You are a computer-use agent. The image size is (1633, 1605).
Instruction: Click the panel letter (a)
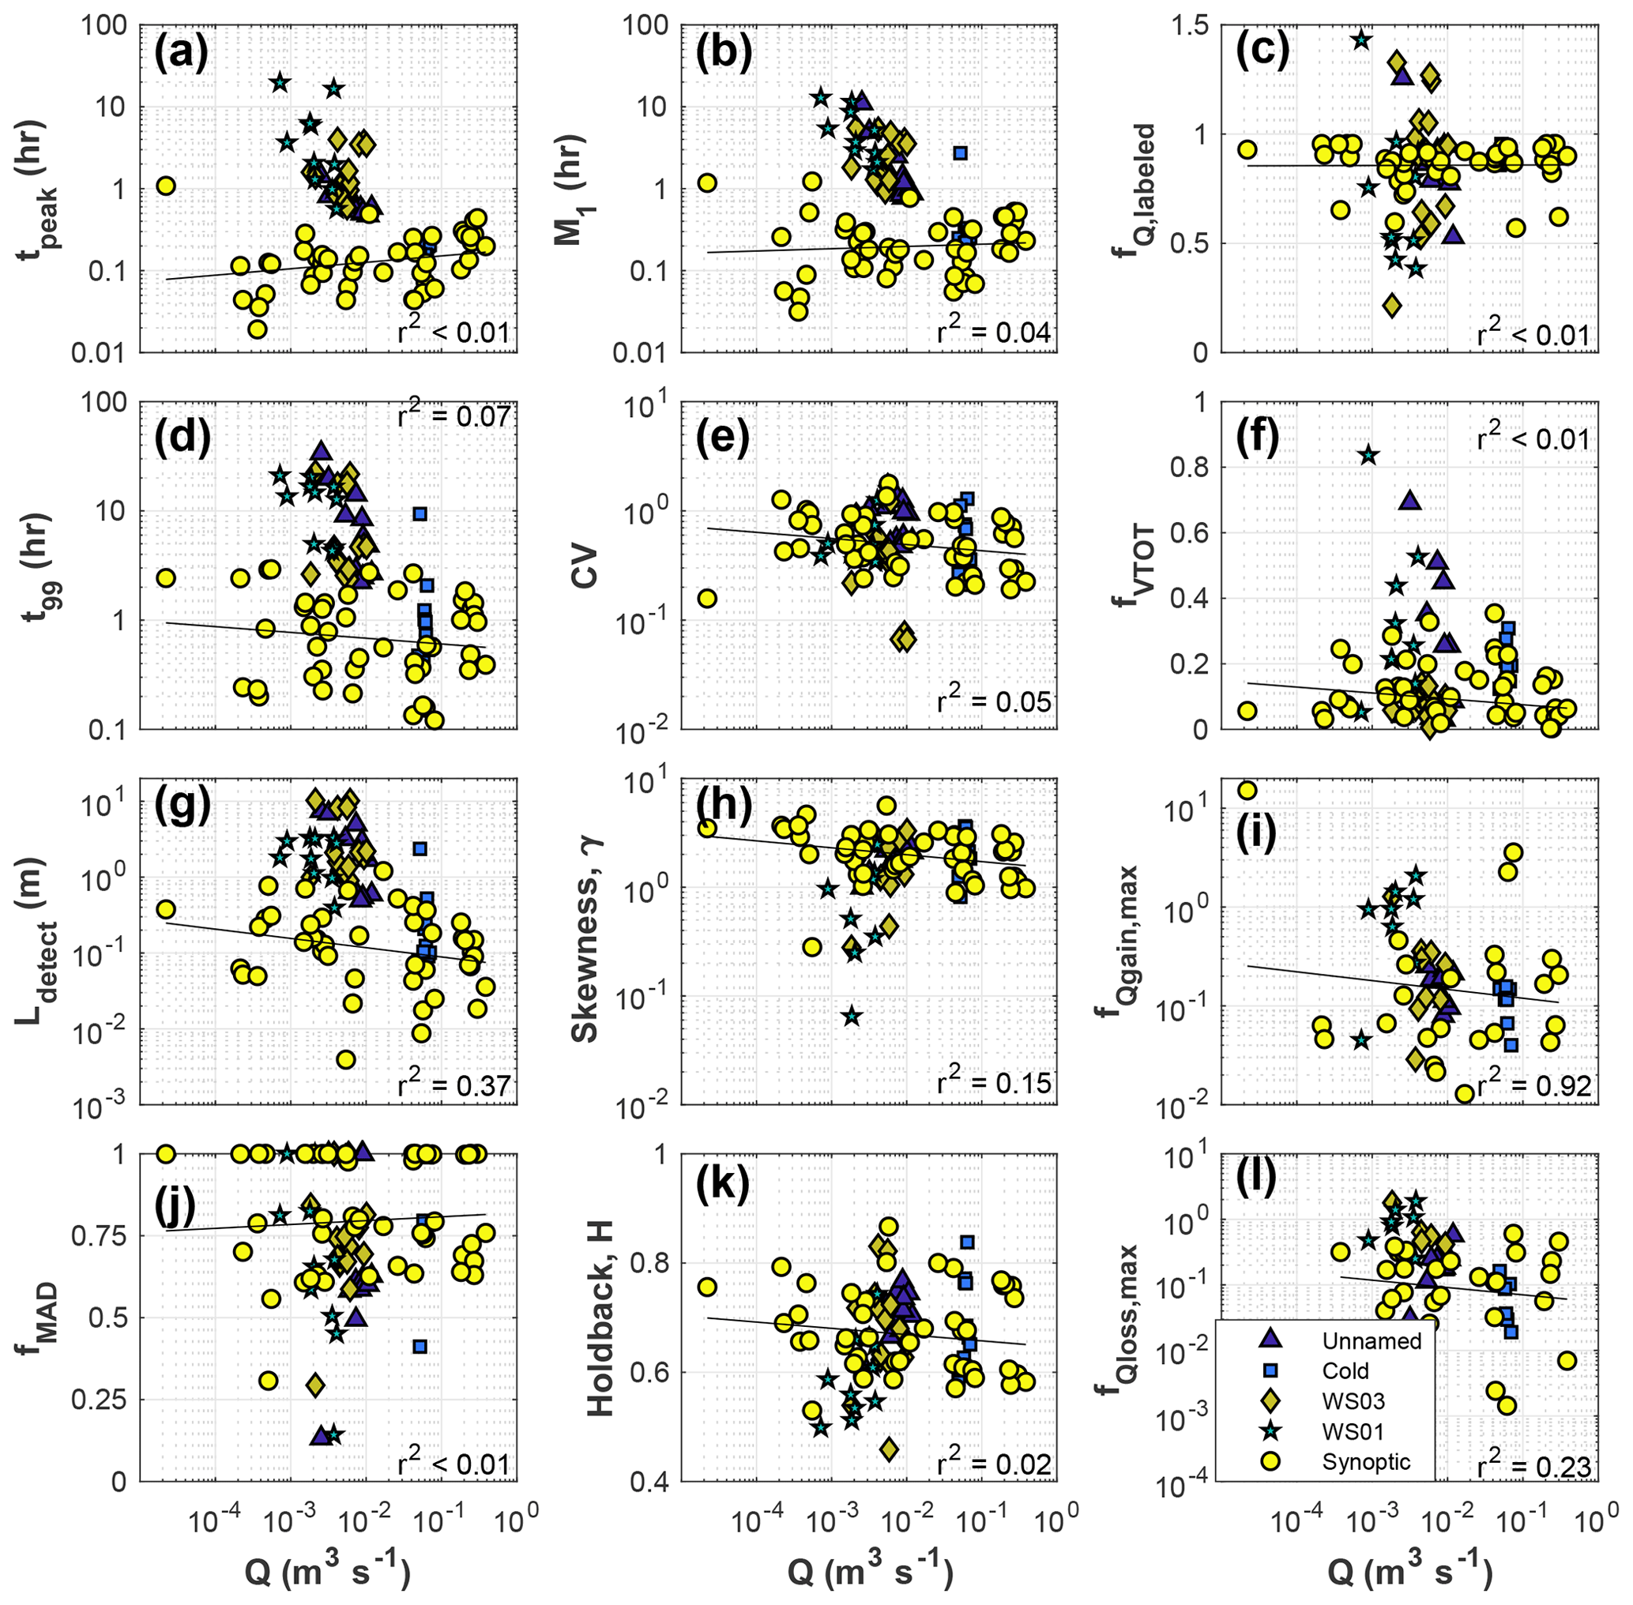click(180, 55)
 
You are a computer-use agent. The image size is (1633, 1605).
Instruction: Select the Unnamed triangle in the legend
click(1270, 1340)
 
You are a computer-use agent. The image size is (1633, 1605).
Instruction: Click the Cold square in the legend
click(1270, 1370)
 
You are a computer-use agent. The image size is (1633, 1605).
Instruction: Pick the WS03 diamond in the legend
click(1270, 1401)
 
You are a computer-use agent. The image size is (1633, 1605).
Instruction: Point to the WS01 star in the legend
click(1270, 1431)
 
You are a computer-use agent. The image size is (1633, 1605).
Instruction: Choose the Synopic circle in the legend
click(1270, 1462)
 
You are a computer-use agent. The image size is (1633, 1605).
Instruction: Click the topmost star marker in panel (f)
click(1368, 455)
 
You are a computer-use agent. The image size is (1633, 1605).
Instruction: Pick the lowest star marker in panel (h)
click(852, 1016)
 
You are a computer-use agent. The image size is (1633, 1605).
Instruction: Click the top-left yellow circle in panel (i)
click(1247, 790)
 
